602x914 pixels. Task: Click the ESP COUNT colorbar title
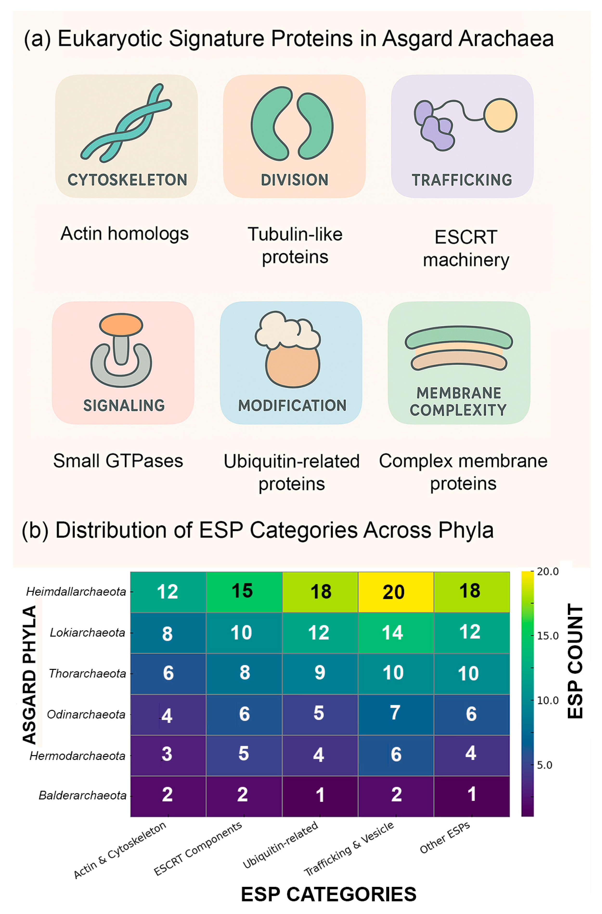point(575,661)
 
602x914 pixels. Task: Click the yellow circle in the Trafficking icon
point(500,115)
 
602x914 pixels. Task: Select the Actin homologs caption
point(125,234)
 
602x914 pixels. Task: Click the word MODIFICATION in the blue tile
point(292,405)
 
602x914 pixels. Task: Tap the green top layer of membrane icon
point(459,337)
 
